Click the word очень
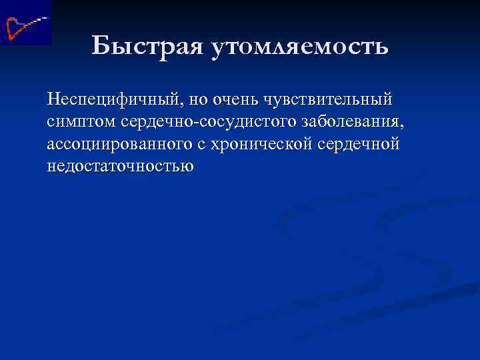point(234,101)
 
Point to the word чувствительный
point(329,101)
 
